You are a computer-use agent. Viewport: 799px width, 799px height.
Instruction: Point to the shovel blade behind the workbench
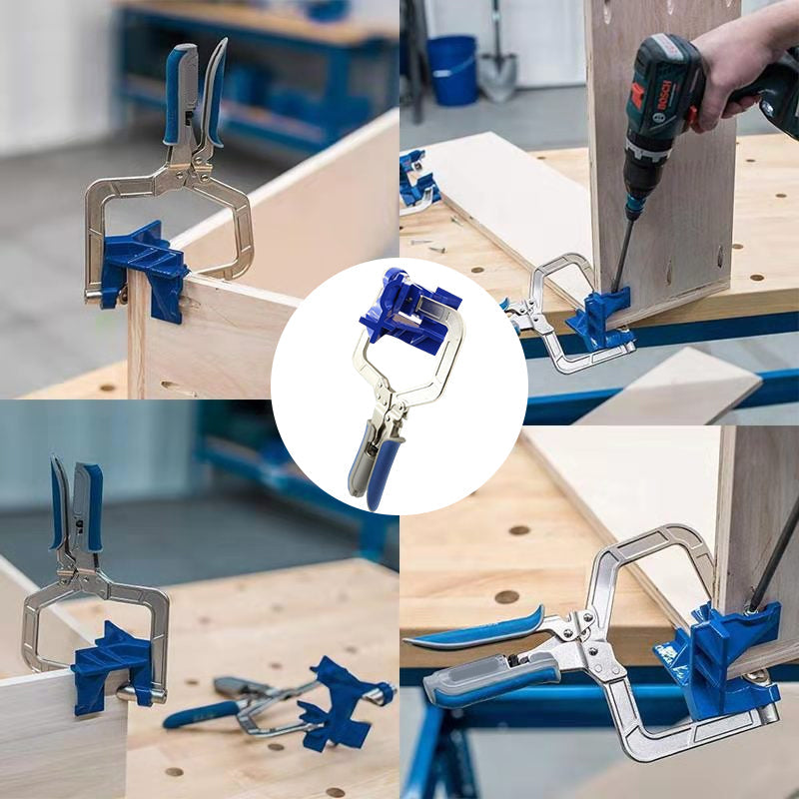click(x=497, y=76)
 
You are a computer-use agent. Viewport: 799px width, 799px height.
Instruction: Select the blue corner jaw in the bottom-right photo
click(x=719, y=660)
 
